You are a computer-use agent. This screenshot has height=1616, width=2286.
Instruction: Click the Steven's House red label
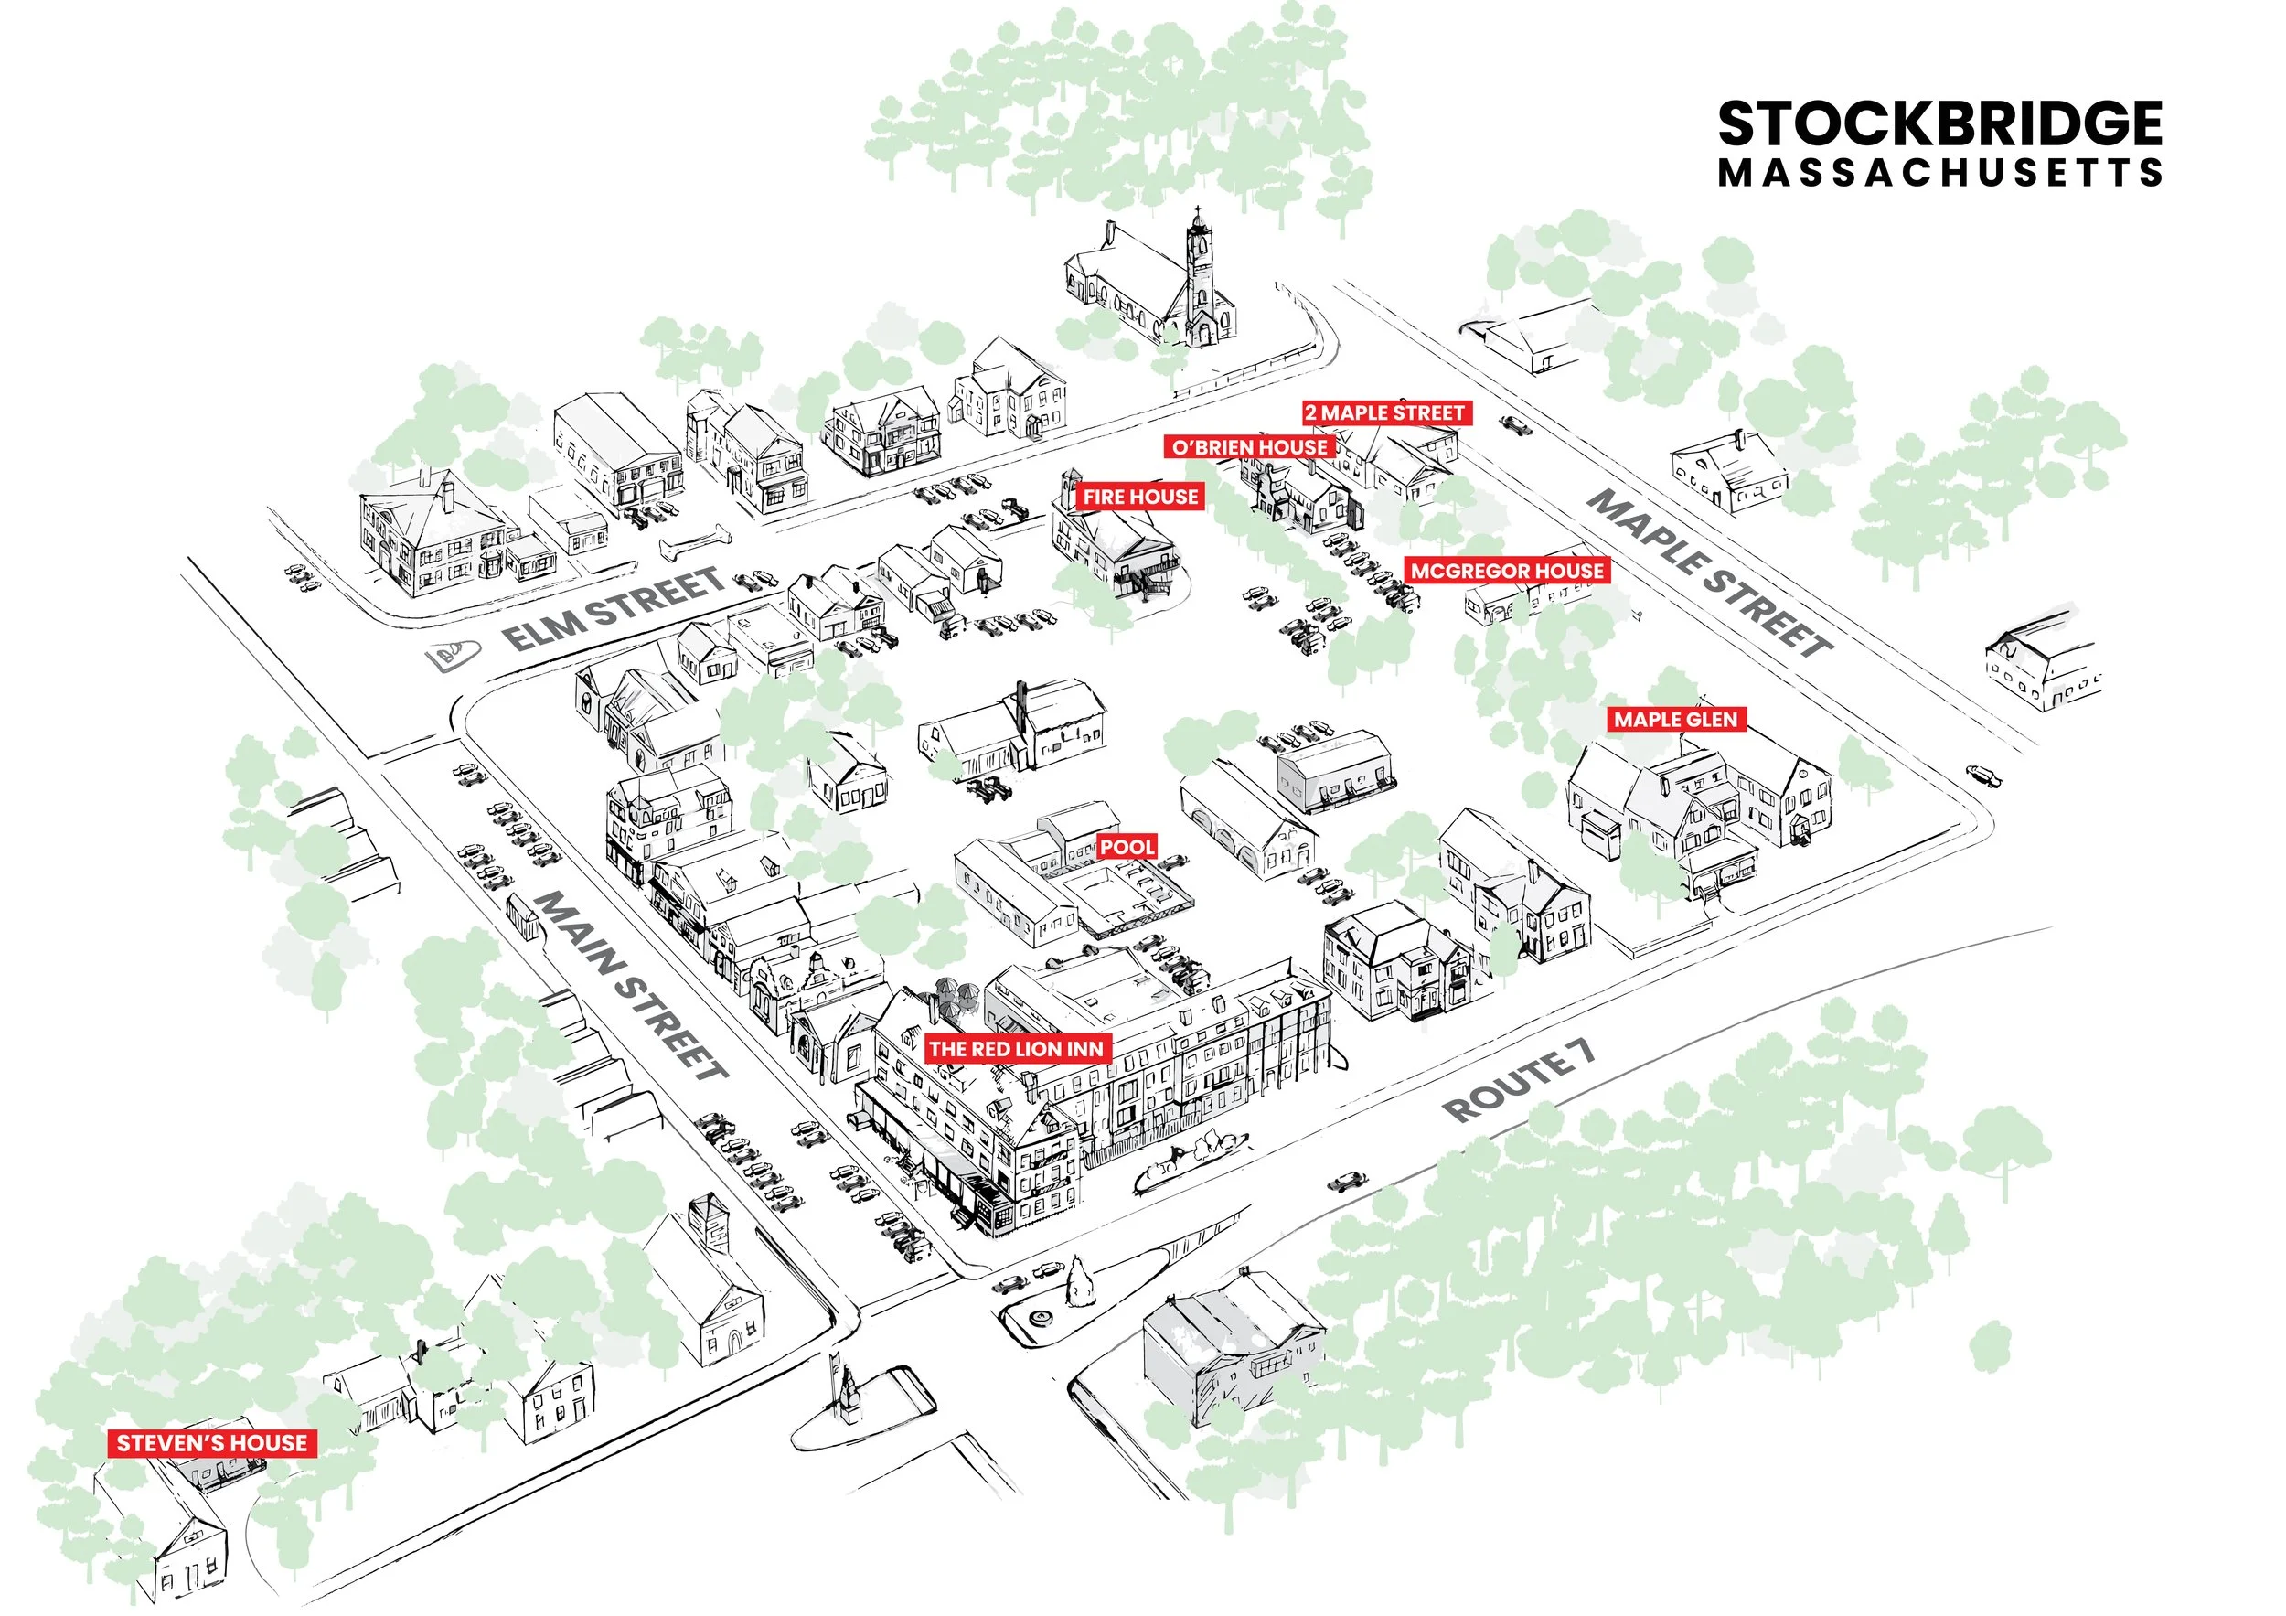click(x=212, y=1443)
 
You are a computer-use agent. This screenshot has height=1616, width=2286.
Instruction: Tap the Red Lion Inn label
click(x=1017, y=1048)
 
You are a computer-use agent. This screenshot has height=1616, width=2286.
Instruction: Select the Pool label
click(x=1127, y=846)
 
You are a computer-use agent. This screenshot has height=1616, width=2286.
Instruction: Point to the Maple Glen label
click(x=1676, y=719)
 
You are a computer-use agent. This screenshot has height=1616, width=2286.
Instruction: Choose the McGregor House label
click(x=1508, y=571)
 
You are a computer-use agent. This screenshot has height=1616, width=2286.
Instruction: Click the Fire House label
click(x=1141, y=496)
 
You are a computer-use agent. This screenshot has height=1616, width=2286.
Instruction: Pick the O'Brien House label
click(x=1250, y=447)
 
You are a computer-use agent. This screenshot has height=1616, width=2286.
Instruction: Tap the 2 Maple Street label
click(x=1385, y=412)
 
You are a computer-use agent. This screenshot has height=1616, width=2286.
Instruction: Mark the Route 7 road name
click(x=1518, y=1079)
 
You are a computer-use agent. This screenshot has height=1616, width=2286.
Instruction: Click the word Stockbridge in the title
click(x=1939, y=124)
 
